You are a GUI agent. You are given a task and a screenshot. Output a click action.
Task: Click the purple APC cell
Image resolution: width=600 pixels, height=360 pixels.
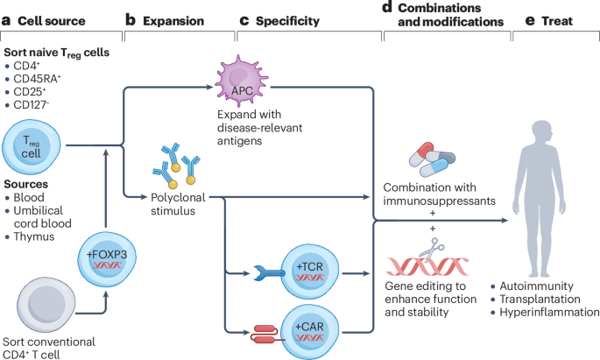242,81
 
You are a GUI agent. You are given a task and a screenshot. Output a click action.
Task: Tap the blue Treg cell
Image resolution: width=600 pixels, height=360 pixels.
32,147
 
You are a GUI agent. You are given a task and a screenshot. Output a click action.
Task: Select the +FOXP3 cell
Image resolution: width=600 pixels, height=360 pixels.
107,258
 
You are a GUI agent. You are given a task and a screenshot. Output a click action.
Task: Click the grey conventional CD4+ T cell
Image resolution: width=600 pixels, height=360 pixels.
46,306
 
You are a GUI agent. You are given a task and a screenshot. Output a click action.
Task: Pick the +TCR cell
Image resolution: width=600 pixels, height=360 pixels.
309,272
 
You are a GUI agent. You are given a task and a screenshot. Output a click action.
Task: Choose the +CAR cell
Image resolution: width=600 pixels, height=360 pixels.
309,332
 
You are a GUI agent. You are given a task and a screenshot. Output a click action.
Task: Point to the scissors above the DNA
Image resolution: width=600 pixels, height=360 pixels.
433,248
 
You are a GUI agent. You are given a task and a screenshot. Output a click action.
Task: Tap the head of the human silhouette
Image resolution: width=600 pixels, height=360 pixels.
542,132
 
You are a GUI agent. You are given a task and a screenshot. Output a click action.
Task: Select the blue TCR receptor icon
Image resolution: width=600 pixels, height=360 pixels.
270,272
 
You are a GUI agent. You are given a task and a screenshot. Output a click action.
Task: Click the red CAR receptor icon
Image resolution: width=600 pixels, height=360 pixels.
266,334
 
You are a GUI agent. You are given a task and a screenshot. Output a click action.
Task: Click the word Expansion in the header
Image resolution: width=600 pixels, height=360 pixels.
173,21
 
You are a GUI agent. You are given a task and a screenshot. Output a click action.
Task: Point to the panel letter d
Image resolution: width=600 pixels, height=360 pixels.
387,7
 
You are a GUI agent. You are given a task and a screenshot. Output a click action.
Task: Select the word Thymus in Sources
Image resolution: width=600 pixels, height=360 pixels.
34,236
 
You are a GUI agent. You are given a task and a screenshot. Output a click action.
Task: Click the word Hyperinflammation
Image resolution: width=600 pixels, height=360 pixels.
549,312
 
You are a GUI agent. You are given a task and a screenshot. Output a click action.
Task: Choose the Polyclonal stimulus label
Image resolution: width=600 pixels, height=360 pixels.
178,204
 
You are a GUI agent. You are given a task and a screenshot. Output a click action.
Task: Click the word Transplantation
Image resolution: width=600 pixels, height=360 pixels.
540,299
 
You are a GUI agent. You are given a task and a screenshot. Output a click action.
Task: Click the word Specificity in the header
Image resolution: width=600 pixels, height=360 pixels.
288,21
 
